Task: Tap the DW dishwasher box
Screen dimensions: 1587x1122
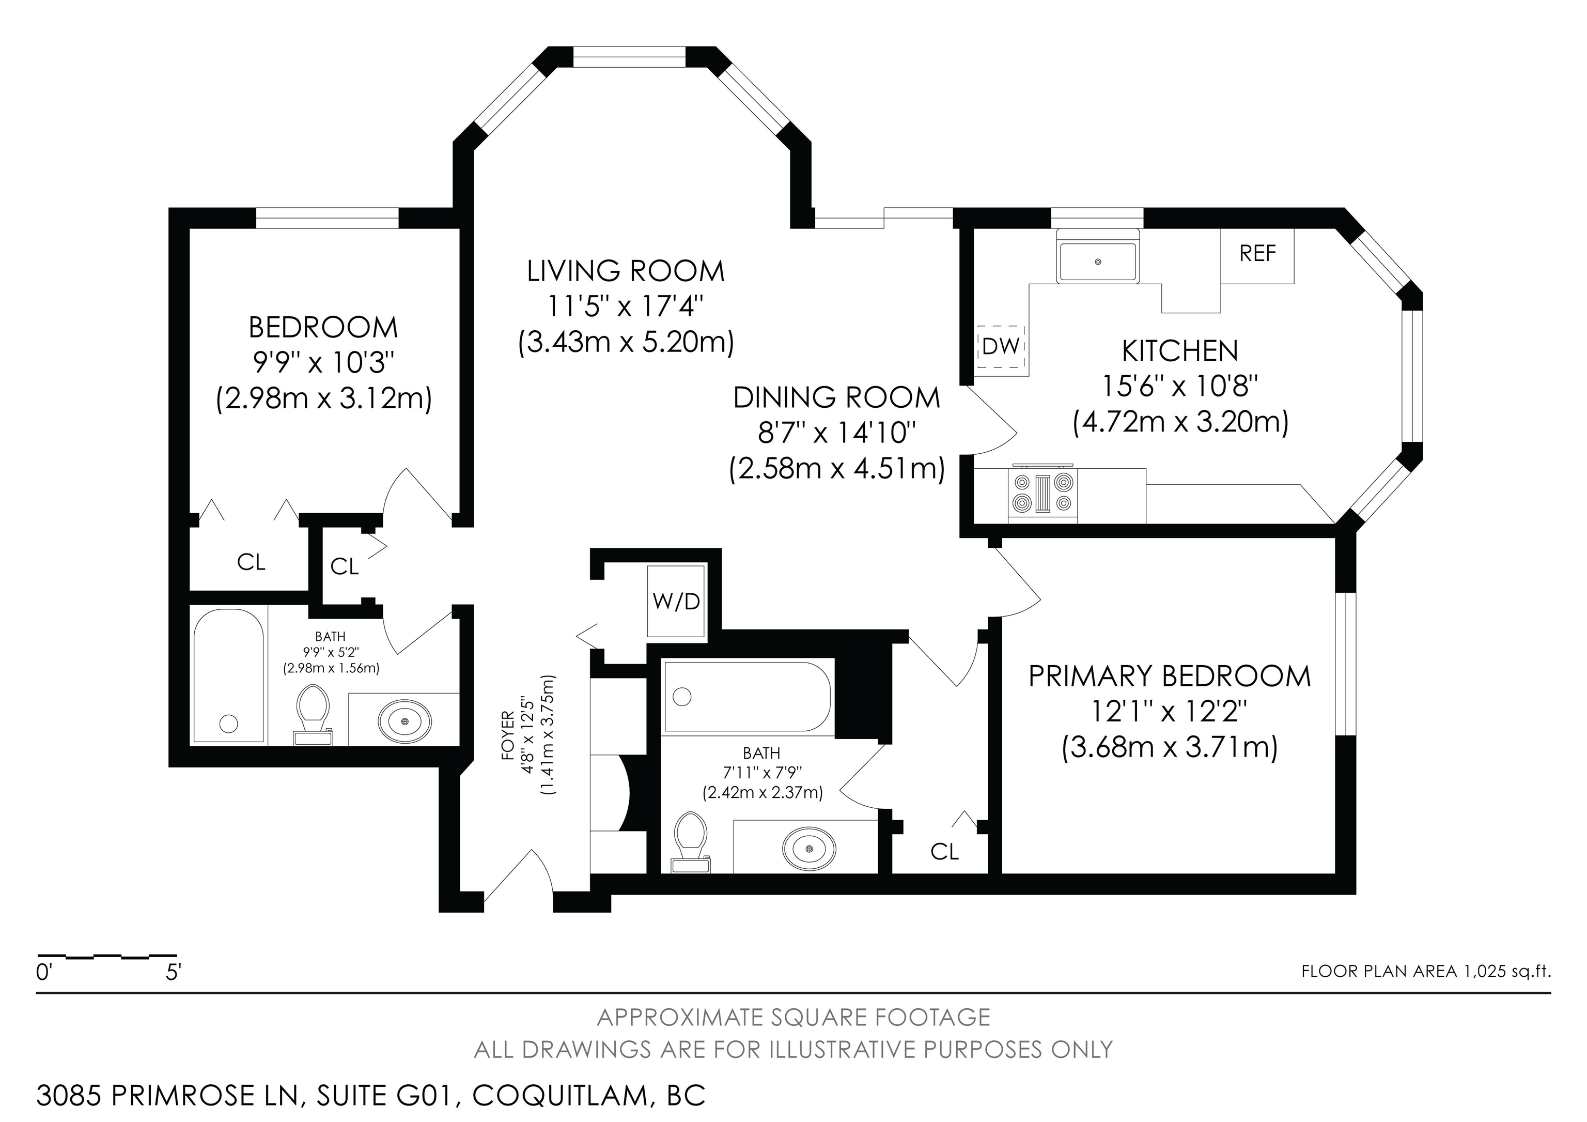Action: tap(1000, 346)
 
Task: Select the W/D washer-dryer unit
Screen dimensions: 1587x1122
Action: tap(675, 601)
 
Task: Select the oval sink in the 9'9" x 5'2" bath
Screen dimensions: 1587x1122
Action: tap(405, 721)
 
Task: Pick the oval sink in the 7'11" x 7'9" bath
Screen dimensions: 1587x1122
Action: tap(808, 847)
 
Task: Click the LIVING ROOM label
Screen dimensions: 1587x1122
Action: tap(626, 271)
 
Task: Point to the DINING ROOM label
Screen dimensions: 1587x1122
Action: tap(836, 397)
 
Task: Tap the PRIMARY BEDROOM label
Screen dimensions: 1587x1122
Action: tap(1170, 676)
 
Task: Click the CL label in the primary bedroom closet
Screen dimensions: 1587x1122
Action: tap(944, 852)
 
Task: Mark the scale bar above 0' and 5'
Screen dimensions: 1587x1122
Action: tap(107, 957)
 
